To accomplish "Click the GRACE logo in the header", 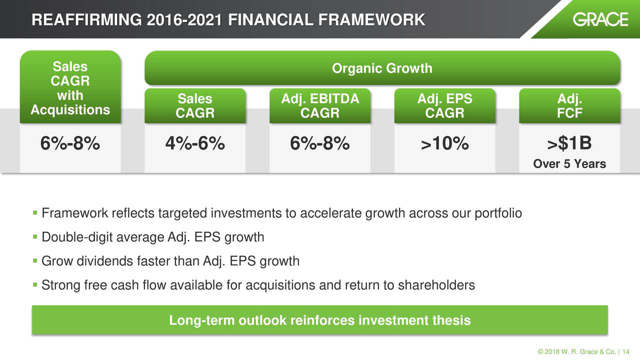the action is coord(600,19).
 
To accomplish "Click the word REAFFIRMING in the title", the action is coord(86,20).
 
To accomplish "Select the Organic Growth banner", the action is coord(382,68).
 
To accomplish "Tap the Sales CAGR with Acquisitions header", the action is coord(70,87).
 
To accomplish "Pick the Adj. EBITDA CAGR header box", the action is coord(320,106).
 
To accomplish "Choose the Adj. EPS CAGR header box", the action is coord(445,106).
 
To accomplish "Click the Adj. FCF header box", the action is coord(569,106).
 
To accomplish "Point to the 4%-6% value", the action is coord(195,143).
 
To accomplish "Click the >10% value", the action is coord(445,143).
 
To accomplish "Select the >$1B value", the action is coord(569,143).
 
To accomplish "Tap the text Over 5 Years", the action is coord(569,164).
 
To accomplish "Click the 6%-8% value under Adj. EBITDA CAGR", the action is coord(320,143).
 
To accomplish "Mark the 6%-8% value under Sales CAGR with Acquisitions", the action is coord(70,143).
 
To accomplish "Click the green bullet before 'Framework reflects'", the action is coord(35,212).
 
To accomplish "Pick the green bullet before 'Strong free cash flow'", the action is coord(35,284).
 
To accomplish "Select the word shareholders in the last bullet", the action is coord(436,285).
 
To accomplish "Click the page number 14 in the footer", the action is coord(625,351).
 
